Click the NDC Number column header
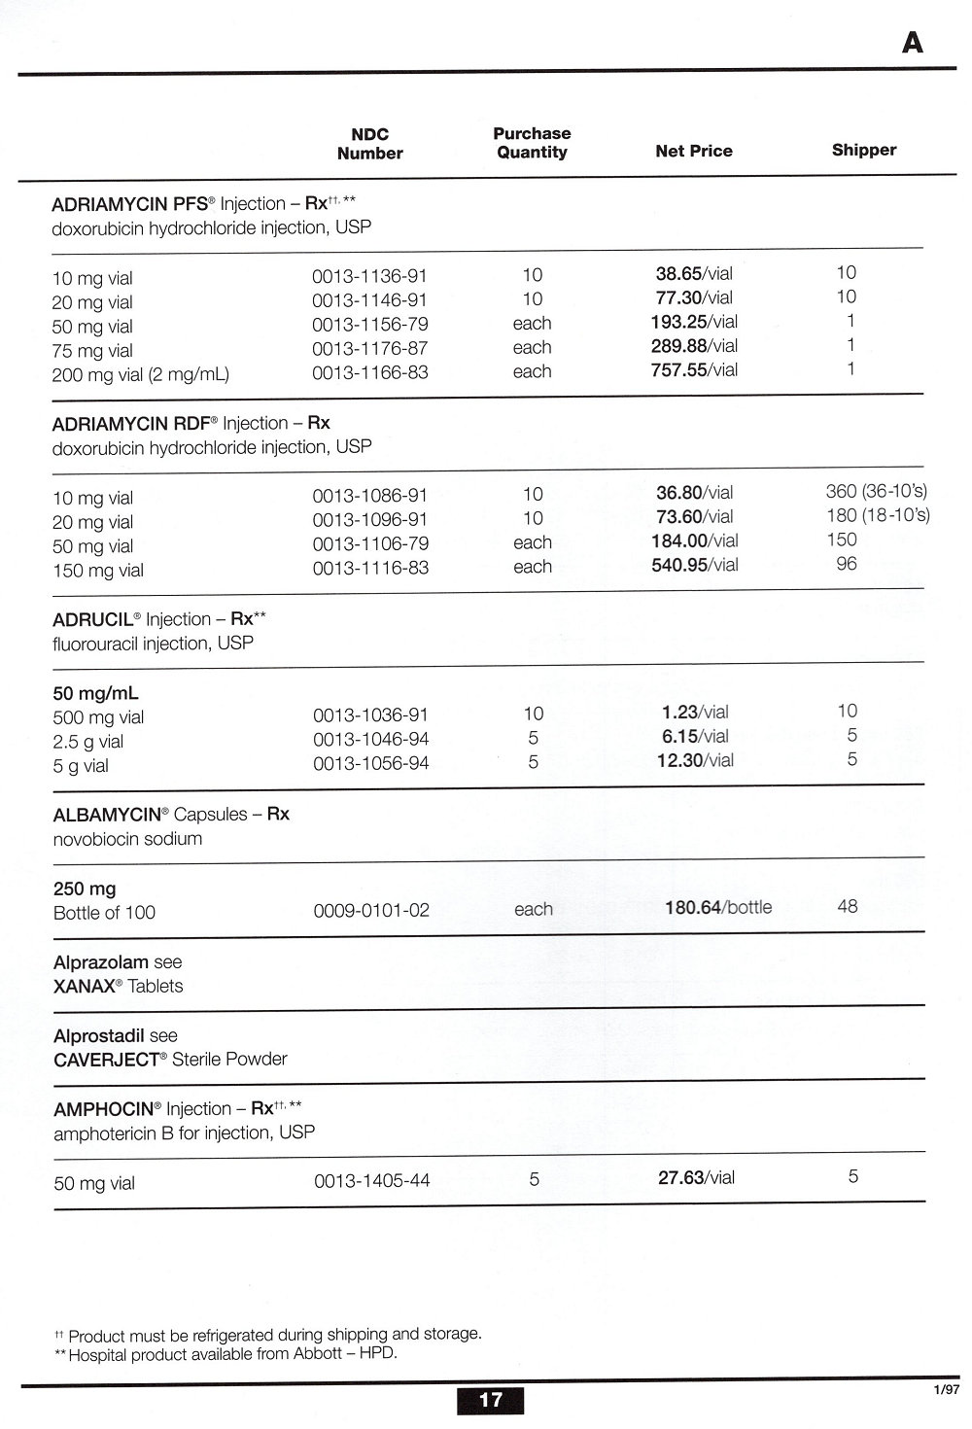tap(369, 144)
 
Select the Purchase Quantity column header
tap(532, 143)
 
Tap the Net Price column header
tap(693, 151)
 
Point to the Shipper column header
tap(863, 150)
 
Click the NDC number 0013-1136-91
tap(369, 277)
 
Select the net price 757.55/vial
tap(694, 370)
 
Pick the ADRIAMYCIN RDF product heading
tap(136, 424)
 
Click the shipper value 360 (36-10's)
tap(876, 491)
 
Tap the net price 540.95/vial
tap(694, 566)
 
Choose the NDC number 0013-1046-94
tap(370, 740)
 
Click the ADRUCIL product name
tap(92, 620)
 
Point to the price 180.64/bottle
tap(717, 908)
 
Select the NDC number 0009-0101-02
tap(370, 911)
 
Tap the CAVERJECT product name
tap(106, 1060)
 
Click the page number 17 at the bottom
tap(490, 1400)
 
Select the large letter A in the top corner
tap(912, 43)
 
